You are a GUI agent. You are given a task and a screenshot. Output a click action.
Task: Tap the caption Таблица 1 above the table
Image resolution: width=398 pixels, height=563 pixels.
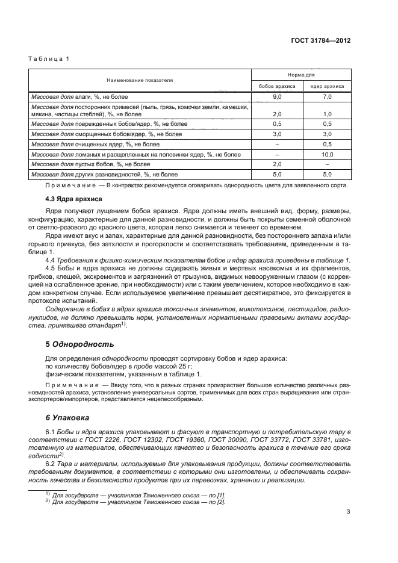pos(49,58)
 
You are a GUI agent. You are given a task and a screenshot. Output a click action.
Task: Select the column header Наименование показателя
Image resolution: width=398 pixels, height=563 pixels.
pos(140,79)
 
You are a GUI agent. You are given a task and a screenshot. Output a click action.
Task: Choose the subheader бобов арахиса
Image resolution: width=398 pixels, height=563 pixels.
pos(277,86)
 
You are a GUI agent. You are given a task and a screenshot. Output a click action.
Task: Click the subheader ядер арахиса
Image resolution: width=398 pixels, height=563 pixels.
pos(327,86)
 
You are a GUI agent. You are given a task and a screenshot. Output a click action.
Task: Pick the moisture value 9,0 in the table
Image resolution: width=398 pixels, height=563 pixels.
pos(277,96)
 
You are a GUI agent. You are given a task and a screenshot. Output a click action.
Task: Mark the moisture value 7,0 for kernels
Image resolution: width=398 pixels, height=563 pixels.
pos(327,96)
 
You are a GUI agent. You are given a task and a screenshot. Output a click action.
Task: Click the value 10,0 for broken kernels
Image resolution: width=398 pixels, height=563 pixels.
pos(327,155)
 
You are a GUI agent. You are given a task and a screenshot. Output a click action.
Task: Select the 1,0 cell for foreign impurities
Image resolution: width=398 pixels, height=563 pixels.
pos(327,114)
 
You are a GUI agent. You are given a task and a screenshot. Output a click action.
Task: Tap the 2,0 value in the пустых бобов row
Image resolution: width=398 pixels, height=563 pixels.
pos(277,164)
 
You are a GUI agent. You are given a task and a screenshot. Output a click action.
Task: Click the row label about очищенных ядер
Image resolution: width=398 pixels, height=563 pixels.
pos(95,145)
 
